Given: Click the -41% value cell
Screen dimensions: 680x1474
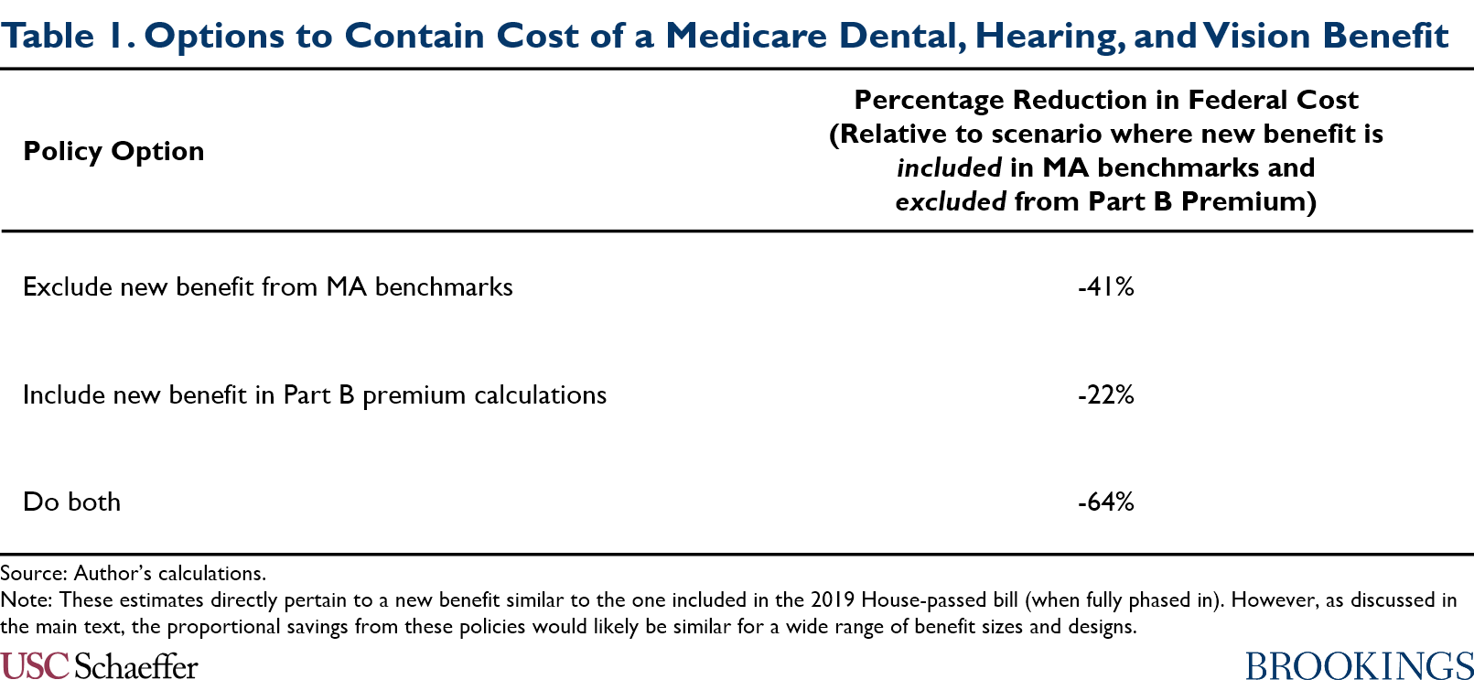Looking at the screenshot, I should pyautogui.click(x=1105, y=287).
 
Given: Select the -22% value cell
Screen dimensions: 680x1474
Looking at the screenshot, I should pyautogui.click(x=1105, y=395).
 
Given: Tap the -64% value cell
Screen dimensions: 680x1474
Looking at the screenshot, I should pyautogui.click(x=1105, y=502).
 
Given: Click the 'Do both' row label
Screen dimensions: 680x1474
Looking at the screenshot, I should pyautogui.click(x=71, y=502).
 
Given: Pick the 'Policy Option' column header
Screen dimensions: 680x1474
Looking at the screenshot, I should pyautogui.click(x=113, y=151).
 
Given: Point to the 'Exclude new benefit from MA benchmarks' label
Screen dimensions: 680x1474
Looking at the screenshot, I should pyautogui.click(x=267, y=287).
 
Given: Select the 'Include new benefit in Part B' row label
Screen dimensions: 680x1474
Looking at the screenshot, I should pyautogui.click(x=314, y=395).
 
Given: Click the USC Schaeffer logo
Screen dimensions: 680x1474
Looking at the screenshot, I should pyautogui.click(x=99, y=665).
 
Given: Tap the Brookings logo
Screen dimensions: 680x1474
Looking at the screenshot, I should pyautogui.click(x=1359, y=665).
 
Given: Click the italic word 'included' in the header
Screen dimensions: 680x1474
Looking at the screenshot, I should pyautogui.click(x=949, y=168).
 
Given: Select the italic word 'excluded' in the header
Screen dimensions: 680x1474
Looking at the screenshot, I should pyautogui.click(x=951, y=202).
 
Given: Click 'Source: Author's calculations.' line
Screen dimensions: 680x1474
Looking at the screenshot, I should pyautogui.click(x=133, y=574).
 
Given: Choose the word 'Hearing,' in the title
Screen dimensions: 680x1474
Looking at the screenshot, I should pyautogui.click(x=1049, y=36).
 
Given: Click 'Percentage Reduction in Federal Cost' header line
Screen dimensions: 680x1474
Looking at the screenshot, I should pyautogui.click(x=1105, y=100).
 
